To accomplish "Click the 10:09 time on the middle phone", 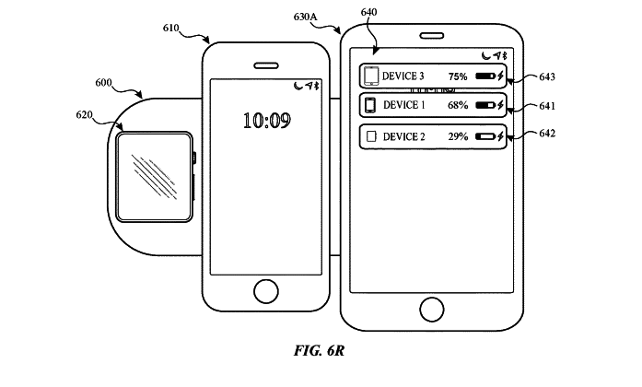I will click(x=267, y=119).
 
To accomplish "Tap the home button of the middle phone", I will click(x=266, y=289).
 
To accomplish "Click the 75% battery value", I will click(x=458, y=76).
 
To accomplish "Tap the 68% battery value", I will click(x=458, y=105).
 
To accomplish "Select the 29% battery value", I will click(x=458, y=136).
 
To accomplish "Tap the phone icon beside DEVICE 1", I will click(x=370, y=105).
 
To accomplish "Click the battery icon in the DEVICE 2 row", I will click(x=484, y=136).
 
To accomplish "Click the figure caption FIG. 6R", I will click(x=319, y=352).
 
